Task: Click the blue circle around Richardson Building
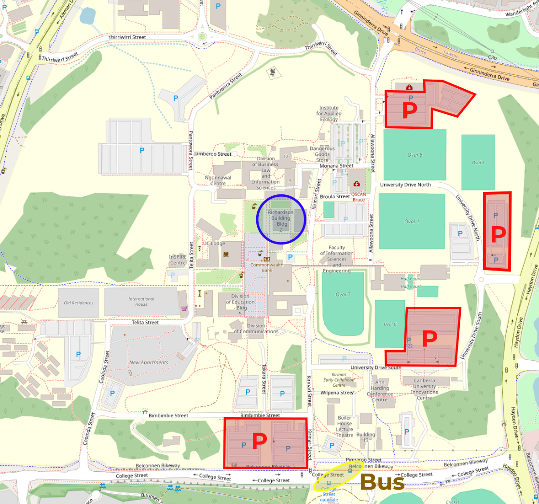tap(280, 219)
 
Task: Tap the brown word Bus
tap(382, 482)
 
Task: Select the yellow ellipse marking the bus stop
tap(336, 477)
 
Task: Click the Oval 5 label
tap(414, 155)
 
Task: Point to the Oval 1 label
tap(411, 221)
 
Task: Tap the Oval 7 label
tap(343, 294)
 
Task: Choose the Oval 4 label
tap(478, 163)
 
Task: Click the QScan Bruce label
tap(358, 197)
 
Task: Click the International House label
tap(141, 301)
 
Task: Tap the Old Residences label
tap(78, 303)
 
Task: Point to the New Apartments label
tap(149, 362)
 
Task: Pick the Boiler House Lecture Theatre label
tap(345, 426)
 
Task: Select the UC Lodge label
tap(214, 244)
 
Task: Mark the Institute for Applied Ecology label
tap(329, 113)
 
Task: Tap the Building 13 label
tap(366, 437)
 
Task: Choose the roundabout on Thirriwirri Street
tap(202, 37)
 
